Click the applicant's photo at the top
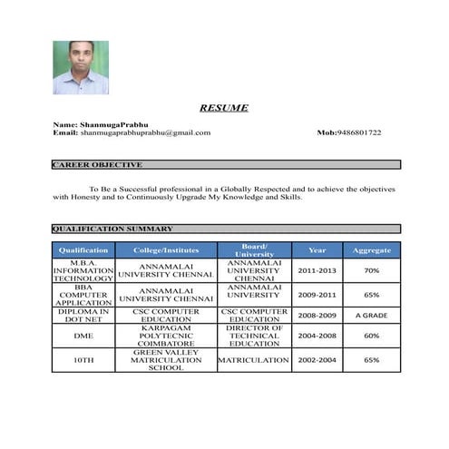[81, 67]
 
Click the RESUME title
[224, 108]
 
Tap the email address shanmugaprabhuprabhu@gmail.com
[145, 132]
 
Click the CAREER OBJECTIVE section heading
[98, 165]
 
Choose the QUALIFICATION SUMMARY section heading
[112, 229]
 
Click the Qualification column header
[83, 249]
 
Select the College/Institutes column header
[166, 249]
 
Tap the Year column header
[317, 249]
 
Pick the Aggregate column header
[372, 249]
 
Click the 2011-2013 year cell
[317, 270]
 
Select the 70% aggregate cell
[372, 270]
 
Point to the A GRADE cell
[372, 315]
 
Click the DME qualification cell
[83, 336]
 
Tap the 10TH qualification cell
[83, 360]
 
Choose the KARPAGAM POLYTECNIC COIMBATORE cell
[166, 336]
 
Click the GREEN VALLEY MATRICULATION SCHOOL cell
[166, 360]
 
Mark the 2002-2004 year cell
[317, 360]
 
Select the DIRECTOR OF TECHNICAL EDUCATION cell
[255, 336]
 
